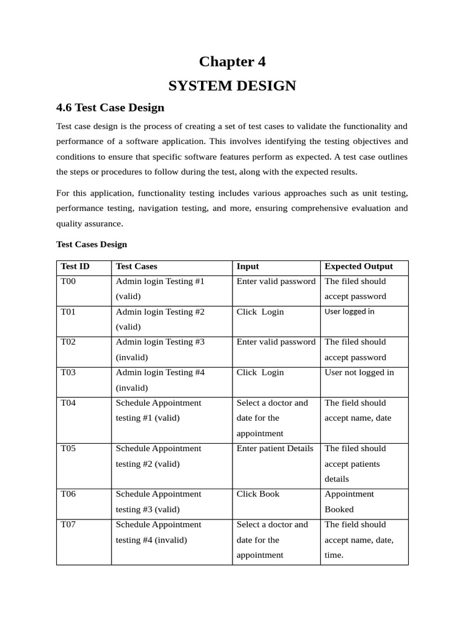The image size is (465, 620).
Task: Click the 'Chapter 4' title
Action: (232, 62)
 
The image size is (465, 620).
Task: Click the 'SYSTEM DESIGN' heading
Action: (232, 86)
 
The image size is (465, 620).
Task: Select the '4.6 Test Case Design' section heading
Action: (110, 108)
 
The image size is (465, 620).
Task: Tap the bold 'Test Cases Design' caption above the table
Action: (91, 245)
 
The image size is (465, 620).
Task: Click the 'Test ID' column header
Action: (75, 266)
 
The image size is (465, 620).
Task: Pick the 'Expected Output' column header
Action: (358, 266)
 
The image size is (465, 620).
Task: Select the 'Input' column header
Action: (248, 266)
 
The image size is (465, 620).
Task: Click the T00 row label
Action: (68, 282)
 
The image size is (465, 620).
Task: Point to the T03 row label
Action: (68, 372)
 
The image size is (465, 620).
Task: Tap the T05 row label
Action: (68, 449)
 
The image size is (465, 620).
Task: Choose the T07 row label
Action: (68, 524)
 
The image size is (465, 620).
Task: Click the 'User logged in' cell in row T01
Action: (349, 312)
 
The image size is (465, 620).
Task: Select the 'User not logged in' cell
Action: (359, 372)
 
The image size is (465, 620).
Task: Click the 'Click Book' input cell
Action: (258, 494)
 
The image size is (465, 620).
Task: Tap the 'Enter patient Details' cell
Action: (275, 449)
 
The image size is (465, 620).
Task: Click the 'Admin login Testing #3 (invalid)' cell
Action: (160, 349)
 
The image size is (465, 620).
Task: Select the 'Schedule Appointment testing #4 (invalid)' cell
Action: (159, 532)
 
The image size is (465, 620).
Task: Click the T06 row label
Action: (68, 494)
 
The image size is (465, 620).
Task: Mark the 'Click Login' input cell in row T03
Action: (260, 372)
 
